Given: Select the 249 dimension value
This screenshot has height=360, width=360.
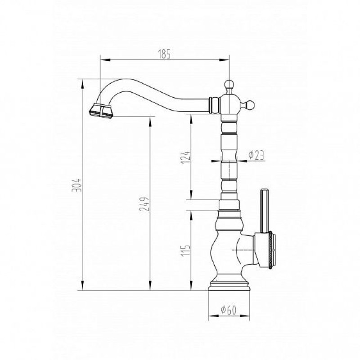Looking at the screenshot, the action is click(x=144, y=204).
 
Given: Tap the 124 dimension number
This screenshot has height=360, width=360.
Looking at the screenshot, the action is click(x=186, y=157).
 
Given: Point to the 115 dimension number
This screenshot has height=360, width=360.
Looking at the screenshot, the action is click(x=186, y=251).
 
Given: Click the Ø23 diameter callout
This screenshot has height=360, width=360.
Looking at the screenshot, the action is click(x=256, y=155).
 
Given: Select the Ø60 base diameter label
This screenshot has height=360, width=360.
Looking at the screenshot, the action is click(x=229, y=310).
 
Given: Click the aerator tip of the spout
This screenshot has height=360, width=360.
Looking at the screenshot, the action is click(x=100, y=112).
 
